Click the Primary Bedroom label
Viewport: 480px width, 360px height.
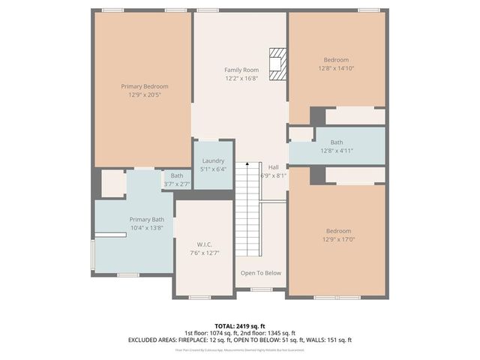145,86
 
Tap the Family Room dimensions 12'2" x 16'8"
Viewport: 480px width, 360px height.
241,78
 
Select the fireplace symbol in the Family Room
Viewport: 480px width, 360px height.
278,63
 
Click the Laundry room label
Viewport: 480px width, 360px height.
214,160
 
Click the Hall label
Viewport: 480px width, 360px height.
273,166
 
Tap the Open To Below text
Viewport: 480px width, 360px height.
260,273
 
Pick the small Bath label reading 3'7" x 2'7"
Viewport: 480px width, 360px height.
177,184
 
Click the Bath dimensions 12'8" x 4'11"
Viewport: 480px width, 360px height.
337,150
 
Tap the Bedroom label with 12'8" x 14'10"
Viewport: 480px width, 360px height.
336,60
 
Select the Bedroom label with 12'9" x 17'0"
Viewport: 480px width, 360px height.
337,231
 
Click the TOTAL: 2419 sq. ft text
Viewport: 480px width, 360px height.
239,326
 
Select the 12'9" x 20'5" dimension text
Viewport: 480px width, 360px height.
145,95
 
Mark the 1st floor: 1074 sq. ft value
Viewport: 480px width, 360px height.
211,333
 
